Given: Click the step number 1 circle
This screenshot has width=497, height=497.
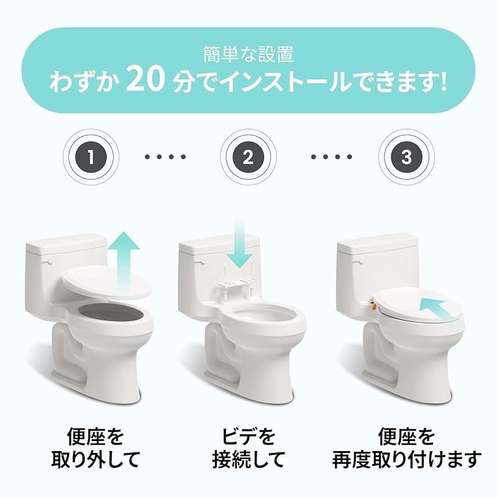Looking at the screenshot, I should (91, 157).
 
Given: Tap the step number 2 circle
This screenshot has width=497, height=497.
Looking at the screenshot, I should (248, 157).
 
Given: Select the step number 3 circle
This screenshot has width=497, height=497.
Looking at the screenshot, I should (406, 157).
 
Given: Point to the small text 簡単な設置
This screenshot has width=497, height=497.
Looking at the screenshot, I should (248, 55).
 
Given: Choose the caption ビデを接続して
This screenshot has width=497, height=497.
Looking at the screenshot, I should (248, 447).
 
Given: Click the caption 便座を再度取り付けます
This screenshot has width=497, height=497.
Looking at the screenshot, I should (406, 447).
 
